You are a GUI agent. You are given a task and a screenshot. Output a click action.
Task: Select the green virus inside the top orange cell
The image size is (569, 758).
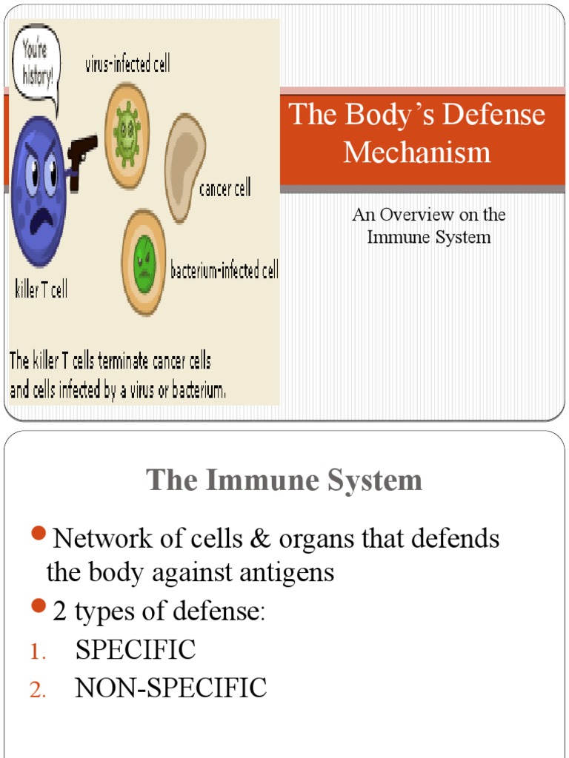[127, 134]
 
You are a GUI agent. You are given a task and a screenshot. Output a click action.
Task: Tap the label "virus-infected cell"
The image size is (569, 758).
[127, 64]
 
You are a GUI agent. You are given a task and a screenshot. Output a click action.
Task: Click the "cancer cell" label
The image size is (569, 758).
[224, 189]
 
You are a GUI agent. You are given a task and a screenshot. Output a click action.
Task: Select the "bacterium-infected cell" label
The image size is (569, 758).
[224, 271]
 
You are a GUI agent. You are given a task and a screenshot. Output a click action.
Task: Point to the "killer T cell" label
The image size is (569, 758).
[41, 289]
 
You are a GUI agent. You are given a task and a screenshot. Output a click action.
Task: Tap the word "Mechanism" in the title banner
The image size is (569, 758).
[416, 152]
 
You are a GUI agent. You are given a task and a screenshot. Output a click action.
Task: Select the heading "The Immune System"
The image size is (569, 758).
[284, 480]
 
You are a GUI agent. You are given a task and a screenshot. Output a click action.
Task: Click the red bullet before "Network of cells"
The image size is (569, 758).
[40, 534]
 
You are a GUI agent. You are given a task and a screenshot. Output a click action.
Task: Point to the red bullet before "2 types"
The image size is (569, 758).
[40, 608]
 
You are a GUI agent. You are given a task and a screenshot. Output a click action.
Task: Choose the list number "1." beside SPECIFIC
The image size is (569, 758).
[38, 652]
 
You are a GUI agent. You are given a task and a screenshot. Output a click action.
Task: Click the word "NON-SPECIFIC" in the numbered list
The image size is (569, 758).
[170, 688]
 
